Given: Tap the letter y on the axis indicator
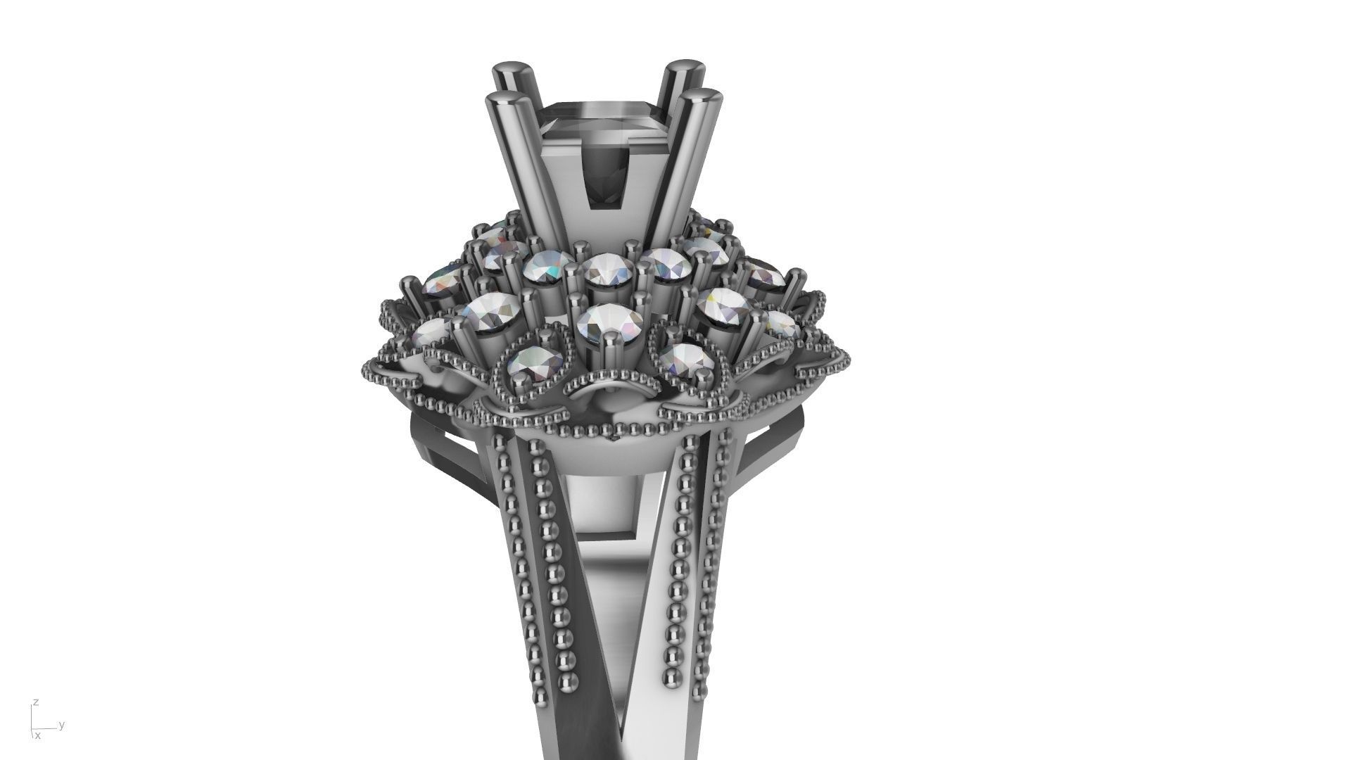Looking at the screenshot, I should [62, 724].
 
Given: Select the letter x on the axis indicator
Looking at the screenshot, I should [38, 736].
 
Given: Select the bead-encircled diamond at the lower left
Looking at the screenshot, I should [529, 362].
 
